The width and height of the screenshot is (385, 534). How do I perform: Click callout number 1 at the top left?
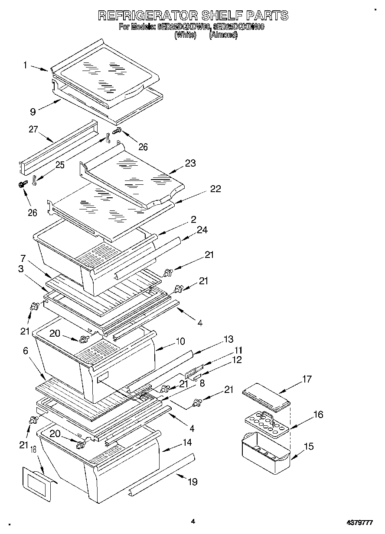(25, 65)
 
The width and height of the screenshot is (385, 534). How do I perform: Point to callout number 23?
(190, 164)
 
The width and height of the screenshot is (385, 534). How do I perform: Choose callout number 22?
(215, 189)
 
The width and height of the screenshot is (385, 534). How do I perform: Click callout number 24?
(202, 230)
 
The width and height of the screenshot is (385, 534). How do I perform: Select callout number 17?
(307, 380)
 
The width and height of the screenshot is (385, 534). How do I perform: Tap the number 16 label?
(318, 415)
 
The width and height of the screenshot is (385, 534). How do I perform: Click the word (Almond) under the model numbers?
(223, 35)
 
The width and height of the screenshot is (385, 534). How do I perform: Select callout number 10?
(180, 342)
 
